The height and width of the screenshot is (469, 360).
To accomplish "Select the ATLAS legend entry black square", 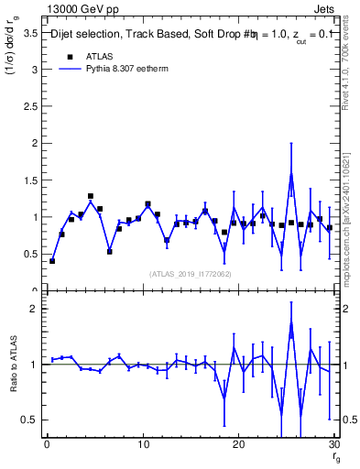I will pyautogui.click(x=69, y=56).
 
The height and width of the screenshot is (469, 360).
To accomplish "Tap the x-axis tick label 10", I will pyautogui.click(x=142, y=445).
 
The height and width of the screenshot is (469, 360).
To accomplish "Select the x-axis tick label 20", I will pyautogui.click(x=238, y=445).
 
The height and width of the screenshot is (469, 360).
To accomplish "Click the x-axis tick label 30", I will pyautogui.click(x=333, y=445).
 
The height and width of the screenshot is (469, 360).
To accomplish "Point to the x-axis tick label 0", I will pyautogui.click(x=46, y=445).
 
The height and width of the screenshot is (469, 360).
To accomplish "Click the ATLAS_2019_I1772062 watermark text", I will pyautogui.click(x=190, y=274).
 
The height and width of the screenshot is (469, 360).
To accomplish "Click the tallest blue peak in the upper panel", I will pyautogui.click(x=291, y=173).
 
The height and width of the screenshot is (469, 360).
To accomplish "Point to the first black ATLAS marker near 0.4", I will pyautogui.click(x=52, y=261).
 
